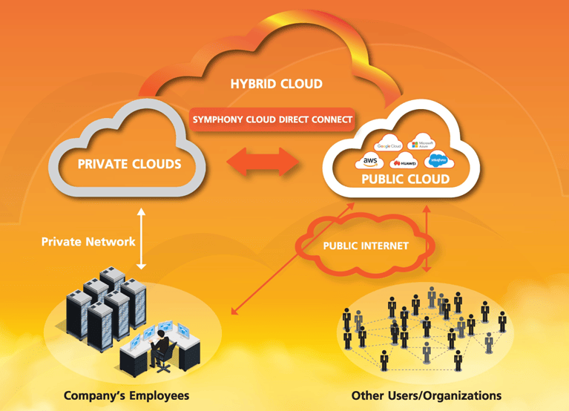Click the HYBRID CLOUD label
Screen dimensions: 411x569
point(275,84)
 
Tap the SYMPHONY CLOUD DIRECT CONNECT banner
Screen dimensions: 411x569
point(272,119)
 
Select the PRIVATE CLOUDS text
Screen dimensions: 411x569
point(129,163)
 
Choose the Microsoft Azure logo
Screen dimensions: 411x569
point(425,143)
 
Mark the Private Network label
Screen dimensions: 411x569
point(88,241)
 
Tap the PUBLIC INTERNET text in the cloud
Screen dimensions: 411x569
point(366,246)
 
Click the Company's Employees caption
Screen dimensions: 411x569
point(126,395)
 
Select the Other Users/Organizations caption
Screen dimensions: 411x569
point(426,395)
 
